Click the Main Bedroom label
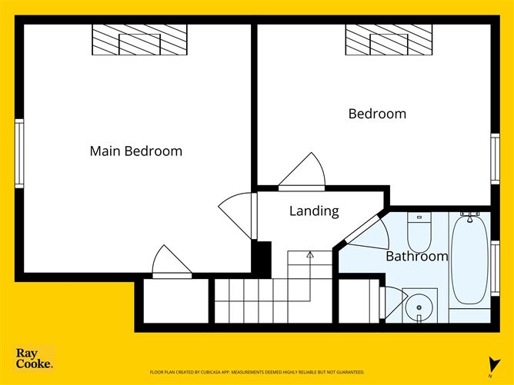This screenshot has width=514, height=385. click(x=136, y=151)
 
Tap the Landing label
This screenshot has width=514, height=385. click(x=314, y=211)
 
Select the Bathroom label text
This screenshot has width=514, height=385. click(x=416, y=256)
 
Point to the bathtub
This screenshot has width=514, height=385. click(x=469, y=259)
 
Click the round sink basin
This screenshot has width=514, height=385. click(x=419, y=307)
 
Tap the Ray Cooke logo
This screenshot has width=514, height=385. click(x=35, y=359)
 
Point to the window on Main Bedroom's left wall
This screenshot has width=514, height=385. click(x=20, y=153)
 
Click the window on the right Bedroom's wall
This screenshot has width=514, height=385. click(x=495, y=158)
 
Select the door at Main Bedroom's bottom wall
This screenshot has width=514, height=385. click(x=171, y=263)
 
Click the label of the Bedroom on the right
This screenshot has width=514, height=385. click(x=377, y=114)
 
